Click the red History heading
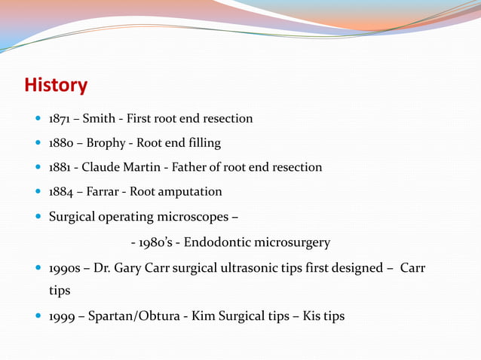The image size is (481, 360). [x=56, y=85]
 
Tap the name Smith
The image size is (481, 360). [x=99, y=119]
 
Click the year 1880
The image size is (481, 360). [x=62, y=143]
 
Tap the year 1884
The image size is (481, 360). [x=62, y=191]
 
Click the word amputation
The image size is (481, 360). [x=194, y=191]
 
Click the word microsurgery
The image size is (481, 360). [x=292, y=243]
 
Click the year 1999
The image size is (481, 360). [x=62, y=316]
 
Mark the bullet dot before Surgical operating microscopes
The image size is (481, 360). [x=38, y=217]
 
